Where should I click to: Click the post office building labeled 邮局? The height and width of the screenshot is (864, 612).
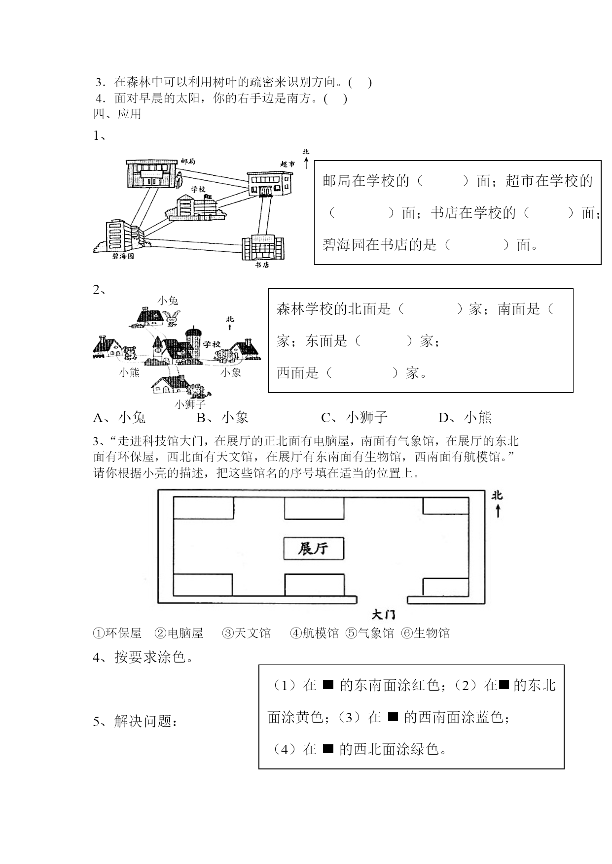coord(151,173)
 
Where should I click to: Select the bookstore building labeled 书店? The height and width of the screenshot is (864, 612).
coord(263,247)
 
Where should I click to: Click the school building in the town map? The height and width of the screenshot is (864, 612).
coord(196,206)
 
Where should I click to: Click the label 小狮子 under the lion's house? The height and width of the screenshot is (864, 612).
coord(190,404)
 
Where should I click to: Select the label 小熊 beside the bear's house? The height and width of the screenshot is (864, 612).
coord(129,372)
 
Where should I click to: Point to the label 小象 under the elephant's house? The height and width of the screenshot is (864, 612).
coord(231,372)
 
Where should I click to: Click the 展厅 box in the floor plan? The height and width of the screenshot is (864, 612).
coord(314,548)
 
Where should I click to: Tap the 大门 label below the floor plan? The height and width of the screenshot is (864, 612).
coord(383,614)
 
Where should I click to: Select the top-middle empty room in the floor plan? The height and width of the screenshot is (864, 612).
coord(314,508)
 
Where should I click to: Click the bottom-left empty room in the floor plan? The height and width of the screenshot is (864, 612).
coord(203,585)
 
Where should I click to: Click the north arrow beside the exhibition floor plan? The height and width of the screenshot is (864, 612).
coord(498,511)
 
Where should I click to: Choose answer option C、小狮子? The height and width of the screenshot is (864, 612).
coord(355,418)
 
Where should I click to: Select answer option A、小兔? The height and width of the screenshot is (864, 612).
coord(119,418)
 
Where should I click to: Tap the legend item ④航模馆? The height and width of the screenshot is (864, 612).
coord(314,633)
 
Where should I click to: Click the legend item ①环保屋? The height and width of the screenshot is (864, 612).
coord(117,633)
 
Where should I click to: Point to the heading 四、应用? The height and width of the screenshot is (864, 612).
coord(117,114)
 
